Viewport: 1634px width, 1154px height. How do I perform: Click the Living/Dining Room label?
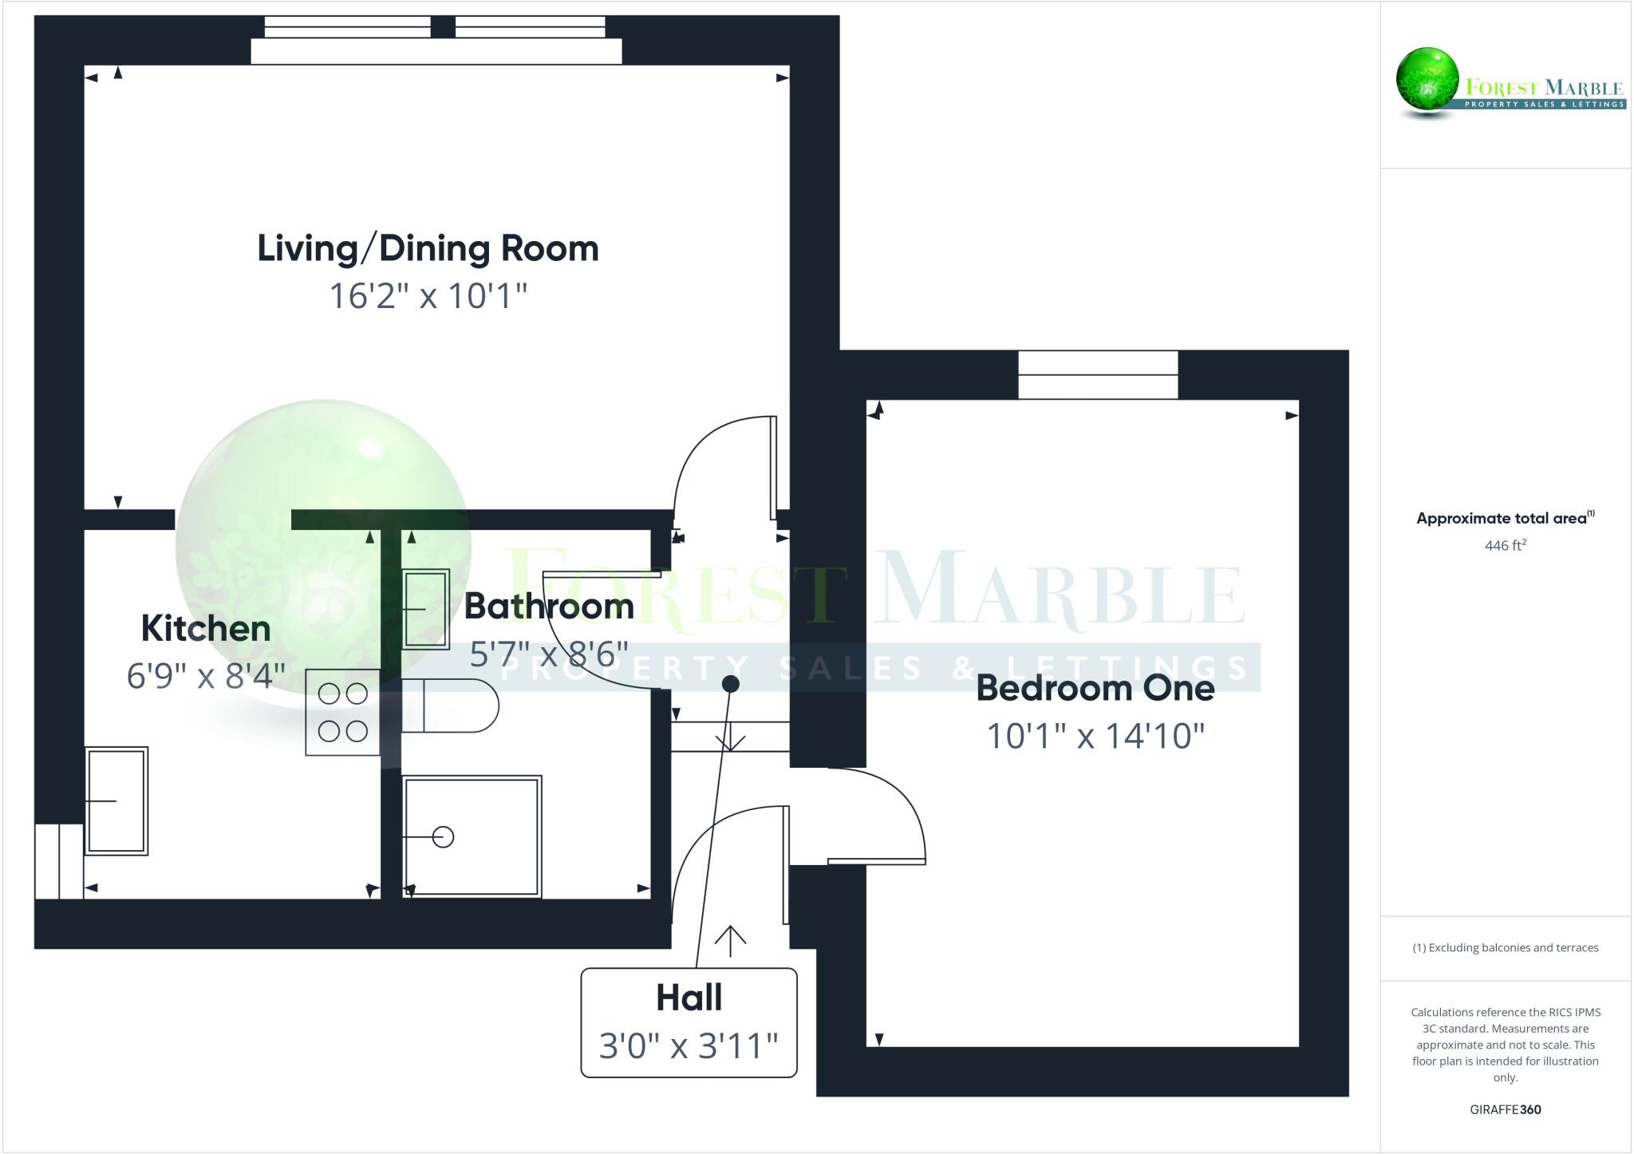click(x=428, y=248)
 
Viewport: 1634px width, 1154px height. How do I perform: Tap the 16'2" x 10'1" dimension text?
click(x=428, y=296)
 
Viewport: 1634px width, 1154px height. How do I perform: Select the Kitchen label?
click(x=206, y=629)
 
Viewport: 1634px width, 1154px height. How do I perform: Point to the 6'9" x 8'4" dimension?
click(x=206, y=676)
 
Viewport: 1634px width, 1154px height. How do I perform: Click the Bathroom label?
click(x=549, y=607)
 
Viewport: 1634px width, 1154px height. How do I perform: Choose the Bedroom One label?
click(x=1095, y=688)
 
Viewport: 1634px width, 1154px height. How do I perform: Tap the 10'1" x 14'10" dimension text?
click(x=1095, y=736)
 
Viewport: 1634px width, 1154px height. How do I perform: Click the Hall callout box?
click(x=689, y=1022)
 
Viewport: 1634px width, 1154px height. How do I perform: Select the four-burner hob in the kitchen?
click(x=343, y=712)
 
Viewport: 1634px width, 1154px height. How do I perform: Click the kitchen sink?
click(x=116, y=800)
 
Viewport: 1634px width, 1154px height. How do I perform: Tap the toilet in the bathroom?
click(x=450, y=705)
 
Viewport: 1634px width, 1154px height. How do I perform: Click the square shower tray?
click(x=472, y=836)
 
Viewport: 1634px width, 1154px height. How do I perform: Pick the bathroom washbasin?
click(x=425, y=608)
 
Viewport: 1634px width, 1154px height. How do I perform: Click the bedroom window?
click(x=1098, y=375)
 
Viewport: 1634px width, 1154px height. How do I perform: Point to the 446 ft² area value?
click(x=1505, y=546)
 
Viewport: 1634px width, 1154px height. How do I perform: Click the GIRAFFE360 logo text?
click(x=1505, y=1109)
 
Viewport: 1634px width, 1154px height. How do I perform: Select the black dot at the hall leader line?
click(x=730, y=684)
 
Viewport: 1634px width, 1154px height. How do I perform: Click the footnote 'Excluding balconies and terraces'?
click(x=1505, y=948)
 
